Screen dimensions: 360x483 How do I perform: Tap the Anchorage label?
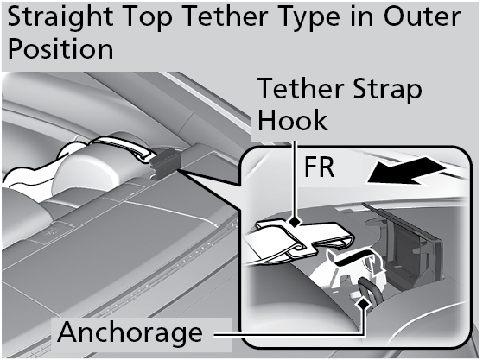point(130,332)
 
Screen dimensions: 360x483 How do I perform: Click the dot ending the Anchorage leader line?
point(366,302)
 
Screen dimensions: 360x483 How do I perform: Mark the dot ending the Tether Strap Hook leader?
point(296,223)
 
